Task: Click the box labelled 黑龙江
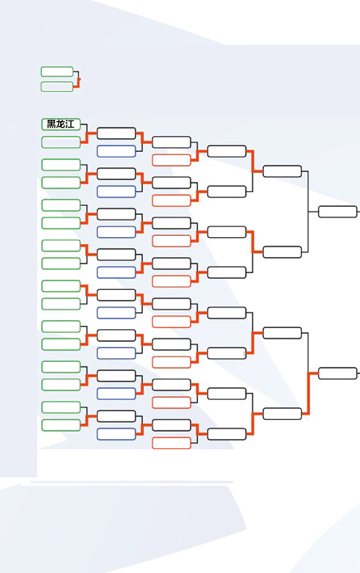click(61, 124)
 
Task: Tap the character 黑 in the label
click(52, 124)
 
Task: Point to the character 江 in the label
click(70, 124)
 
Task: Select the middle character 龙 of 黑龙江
click(61, 124)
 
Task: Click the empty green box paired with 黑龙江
click(61, 142)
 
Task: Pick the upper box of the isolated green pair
click(57, 72)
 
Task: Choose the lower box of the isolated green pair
click(57, 87)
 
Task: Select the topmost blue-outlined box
click(116, 151)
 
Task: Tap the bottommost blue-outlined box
click(116, 434)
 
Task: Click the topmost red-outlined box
click(172, 160)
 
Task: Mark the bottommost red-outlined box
click(172, 443)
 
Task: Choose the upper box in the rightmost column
click(338, 212)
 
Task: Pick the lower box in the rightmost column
click(338, 373)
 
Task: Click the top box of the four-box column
click(282, 171)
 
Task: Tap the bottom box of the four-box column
click(282, 413)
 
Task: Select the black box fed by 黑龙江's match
click(116, 133)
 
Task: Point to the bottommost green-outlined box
click(61, 425)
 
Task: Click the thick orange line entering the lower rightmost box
click(309, 393)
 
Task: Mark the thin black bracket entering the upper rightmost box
click(308, 212)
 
